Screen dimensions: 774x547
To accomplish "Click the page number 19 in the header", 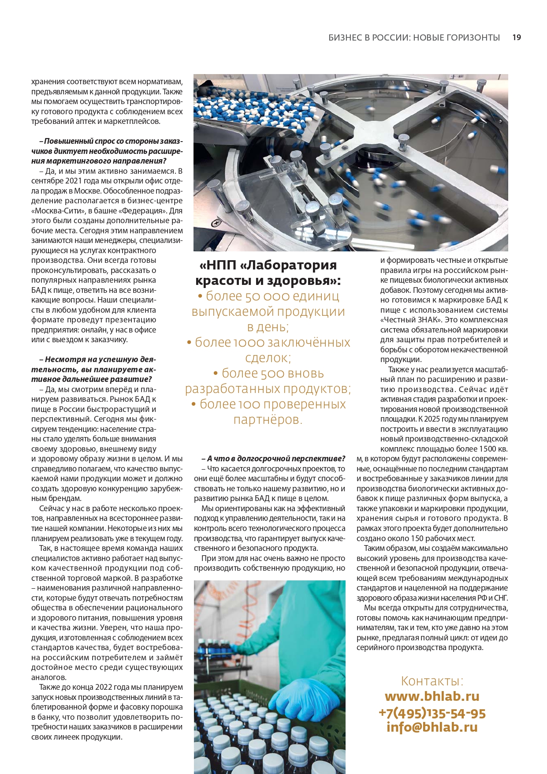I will pyautogui.click(x=517, y=37).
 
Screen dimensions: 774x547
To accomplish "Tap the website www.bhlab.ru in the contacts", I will pyautogui.click(x=432, y=696).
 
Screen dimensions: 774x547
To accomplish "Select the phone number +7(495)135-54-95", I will pyautogui.click(x=432, y=713).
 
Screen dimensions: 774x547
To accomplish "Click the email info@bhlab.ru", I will pyautogui.click(x=432, y=727).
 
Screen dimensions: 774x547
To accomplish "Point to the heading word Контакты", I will pyautogui.click(x=432, y=681).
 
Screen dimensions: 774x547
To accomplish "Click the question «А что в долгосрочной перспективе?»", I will pyautogui.click(x=273, y=459).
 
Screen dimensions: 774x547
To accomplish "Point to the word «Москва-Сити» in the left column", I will pyautogui.click(x=55, y=211).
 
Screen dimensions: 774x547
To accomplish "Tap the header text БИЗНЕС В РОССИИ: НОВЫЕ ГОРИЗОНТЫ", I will pyautogui.click(x=414, y=37).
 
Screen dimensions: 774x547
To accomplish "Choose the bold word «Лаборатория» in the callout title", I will pyautogui.click(x=291, y=265).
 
